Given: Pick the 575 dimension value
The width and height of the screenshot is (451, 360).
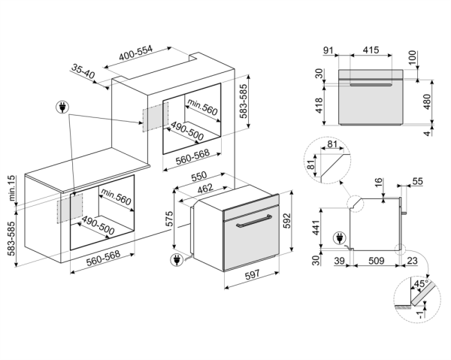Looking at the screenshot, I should coord(170,220).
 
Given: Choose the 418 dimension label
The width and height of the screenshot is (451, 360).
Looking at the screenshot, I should coord(320,106).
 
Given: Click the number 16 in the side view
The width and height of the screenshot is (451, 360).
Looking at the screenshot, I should coord(378,182).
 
